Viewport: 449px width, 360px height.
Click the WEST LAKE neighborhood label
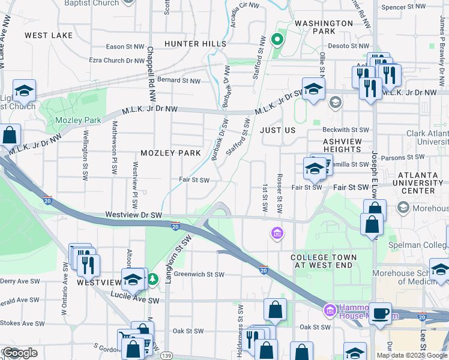49,35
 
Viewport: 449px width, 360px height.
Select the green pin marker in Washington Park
277,40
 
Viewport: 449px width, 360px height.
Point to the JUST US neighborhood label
277,130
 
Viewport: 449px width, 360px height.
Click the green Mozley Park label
78,120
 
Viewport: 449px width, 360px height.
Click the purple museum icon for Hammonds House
329,310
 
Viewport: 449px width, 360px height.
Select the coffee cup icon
380,313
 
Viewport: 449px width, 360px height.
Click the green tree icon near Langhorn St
154,278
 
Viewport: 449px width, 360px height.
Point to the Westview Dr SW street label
133,214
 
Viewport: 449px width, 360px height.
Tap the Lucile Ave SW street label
135,300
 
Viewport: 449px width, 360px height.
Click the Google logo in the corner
20,353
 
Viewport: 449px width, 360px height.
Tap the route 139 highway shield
166,356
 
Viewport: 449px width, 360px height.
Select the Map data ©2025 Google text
411,355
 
